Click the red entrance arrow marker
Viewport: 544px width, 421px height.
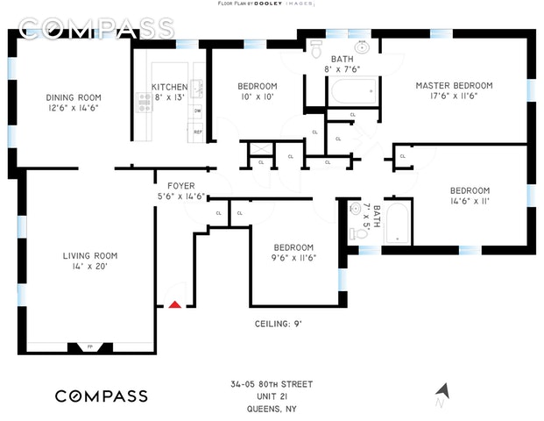[x=175, y=304]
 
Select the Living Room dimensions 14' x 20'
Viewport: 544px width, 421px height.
[x=90, y=267]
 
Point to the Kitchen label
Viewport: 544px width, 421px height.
[x=169, y=87]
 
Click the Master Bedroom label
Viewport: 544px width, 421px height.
[x=454, y=85]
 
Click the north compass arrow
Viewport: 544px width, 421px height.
[x=442, y=391]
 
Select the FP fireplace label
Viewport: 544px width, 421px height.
[x=90, y=347]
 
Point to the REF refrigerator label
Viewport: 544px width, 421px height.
[x=198, y=132]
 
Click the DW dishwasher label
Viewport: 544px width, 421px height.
[x=198, y=111]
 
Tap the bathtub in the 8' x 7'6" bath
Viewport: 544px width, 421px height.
[x=353, y=91]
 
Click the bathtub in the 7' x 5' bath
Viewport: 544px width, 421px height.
[x=397, y=225]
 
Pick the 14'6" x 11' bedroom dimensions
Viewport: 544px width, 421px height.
[x=470, y=201]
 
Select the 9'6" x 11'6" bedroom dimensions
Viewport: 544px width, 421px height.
[x=293, y=257]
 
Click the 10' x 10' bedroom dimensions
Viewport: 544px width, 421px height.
[x=258, y=96]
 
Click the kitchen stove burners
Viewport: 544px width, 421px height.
[x=144, y=103]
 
